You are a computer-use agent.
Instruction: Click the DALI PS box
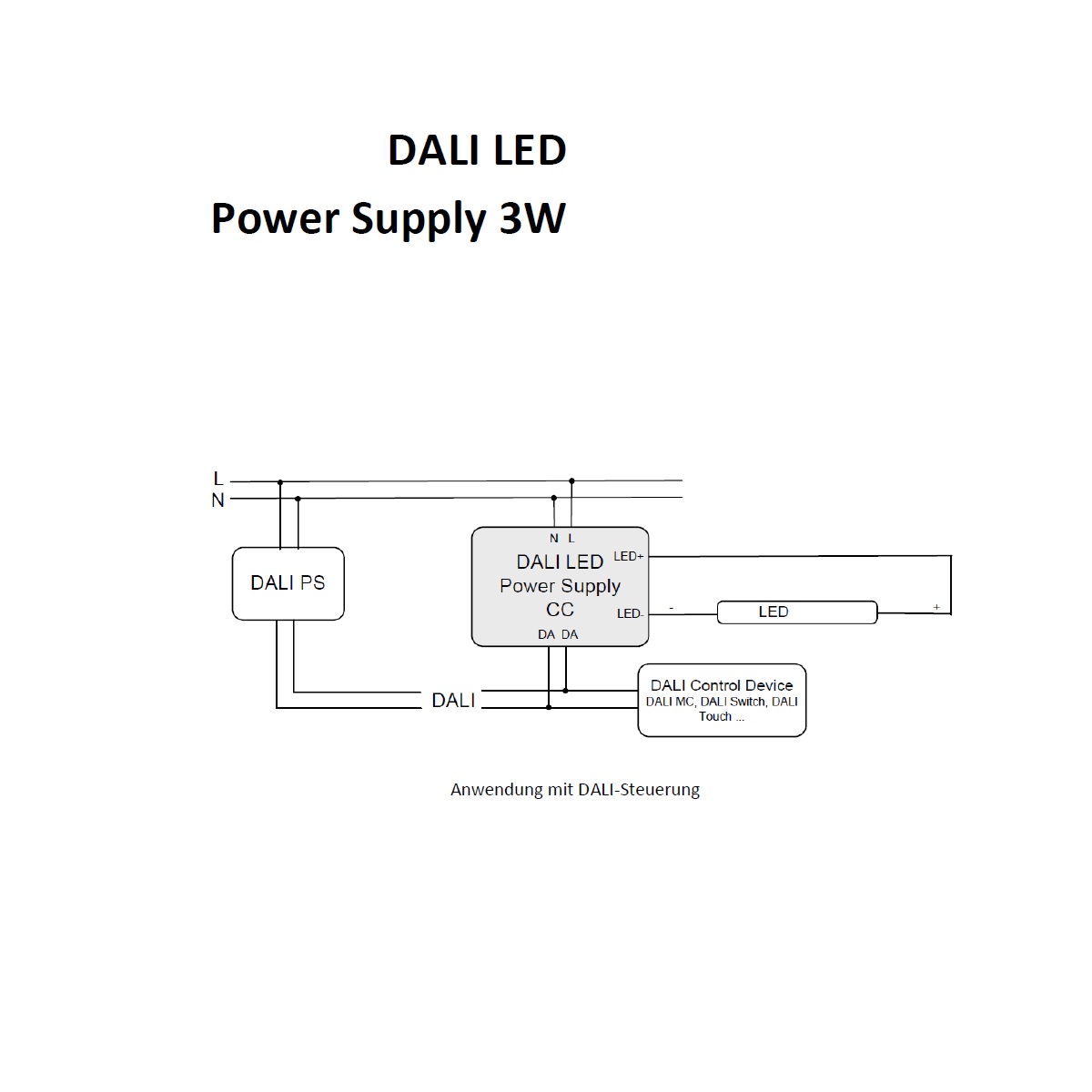click(x=288, y=583)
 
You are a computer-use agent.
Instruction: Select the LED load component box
click(x=797, y=612)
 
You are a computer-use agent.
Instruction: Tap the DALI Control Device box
click(x=722, y=701)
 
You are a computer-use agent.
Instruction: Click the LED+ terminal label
click(x=629, y=557)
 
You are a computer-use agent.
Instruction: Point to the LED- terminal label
click(x=630, y=613)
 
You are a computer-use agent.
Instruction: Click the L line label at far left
click(x=218, y=479)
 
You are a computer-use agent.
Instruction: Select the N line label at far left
click(x=217, y=500)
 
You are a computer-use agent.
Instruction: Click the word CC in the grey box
click(x=560, y=610)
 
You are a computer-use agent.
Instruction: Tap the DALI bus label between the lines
click(x=453, y=701)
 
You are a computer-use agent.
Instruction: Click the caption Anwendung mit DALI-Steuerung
click(x=574, y=789)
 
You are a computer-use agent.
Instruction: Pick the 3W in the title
click(x=532, y=218)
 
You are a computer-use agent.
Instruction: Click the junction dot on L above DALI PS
click(x=280, y=482)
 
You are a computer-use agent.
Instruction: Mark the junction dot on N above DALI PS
click(x=298, y=499)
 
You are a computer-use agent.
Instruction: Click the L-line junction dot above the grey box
click(x=571, y=480)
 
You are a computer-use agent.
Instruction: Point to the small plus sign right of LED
click(x=936, y=607)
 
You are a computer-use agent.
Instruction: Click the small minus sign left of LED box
click(x=672, y=608)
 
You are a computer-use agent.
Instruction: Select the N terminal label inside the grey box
click(x=553, y=539)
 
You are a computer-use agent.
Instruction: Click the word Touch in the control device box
click(x=714, y=717)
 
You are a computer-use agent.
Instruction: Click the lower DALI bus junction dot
click(x=549, y=707)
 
